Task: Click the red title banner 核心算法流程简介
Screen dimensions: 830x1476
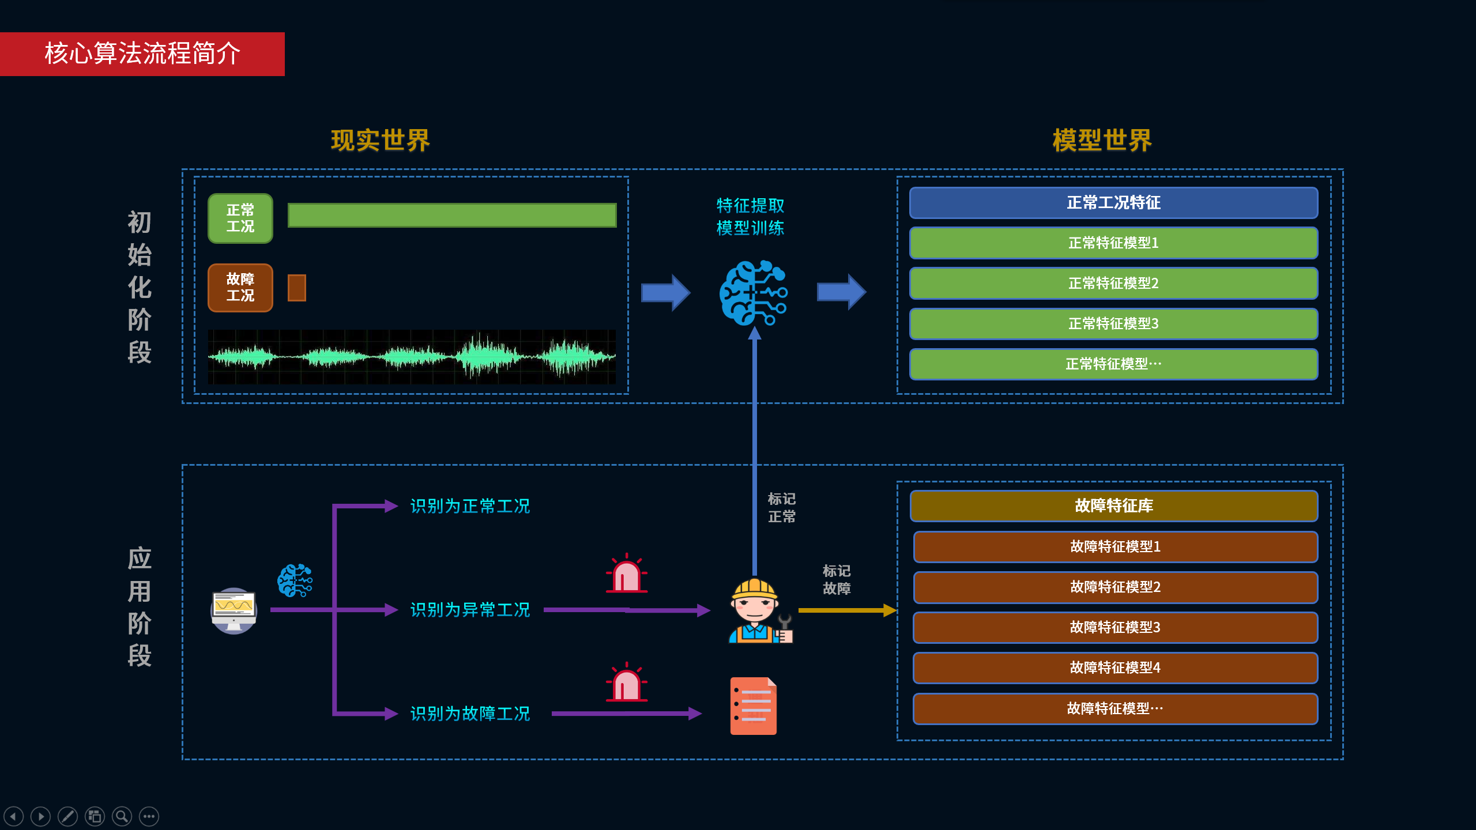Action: coord(142,54)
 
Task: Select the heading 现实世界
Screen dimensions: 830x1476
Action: coord(381,141)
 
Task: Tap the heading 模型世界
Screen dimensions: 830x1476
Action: coord(1102,141)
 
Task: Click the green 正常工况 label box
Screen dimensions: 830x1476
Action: coord(240,218)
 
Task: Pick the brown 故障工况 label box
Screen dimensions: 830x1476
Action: coord(240,288)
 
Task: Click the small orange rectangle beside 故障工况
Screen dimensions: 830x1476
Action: coord(296,288)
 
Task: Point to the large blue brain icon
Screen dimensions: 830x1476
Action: coord(752,293)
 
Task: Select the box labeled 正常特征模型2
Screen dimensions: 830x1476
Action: coord(1113,284)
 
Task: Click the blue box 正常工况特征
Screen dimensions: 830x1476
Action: coord(1113,203)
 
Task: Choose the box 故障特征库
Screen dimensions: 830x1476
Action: coord(1113,506)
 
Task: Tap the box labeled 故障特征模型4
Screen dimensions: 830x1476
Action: coord(1114,668)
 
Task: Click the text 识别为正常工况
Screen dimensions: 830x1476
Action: coord(470,506)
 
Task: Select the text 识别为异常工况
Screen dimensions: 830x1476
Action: coord(470,610)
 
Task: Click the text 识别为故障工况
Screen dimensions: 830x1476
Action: coord(470,714)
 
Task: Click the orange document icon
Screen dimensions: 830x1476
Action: coord(753,706)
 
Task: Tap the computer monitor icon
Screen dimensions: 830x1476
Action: coord(234,610)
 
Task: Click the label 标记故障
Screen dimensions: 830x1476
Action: coord(836,579)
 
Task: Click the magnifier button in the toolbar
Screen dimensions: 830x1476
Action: coord(122,816)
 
